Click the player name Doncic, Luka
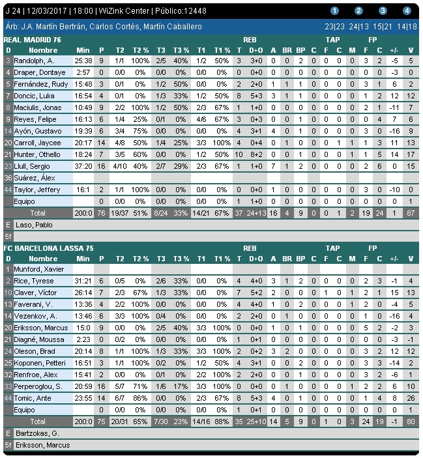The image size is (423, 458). pyautogui.click(x=30, y=96)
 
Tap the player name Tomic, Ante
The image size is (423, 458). pyautogui.click(x=29, y=397)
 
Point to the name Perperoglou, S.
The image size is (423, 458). pyautogui.click(x=38, y=385)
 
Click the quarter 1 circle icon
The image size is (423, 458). pyautogui.click(x=335, y=10)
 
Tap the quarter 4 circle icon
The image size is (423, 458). pyautogui.click(x=407, y=10)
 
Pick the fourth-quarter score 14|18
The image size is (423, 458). pyautogui.click(x=407, y=27)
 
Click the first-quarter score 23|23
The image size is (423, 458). pyautogui.click(x=335, y=27)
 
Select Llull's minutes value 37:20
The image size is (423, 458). pyautogui.click(x=83, y=166)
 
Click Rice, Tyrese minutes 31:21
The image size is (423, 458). pyautogui.click(x=83, y=281)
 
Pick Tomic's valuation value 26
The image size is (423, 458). pyautogui.click(x=410, y=397)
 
